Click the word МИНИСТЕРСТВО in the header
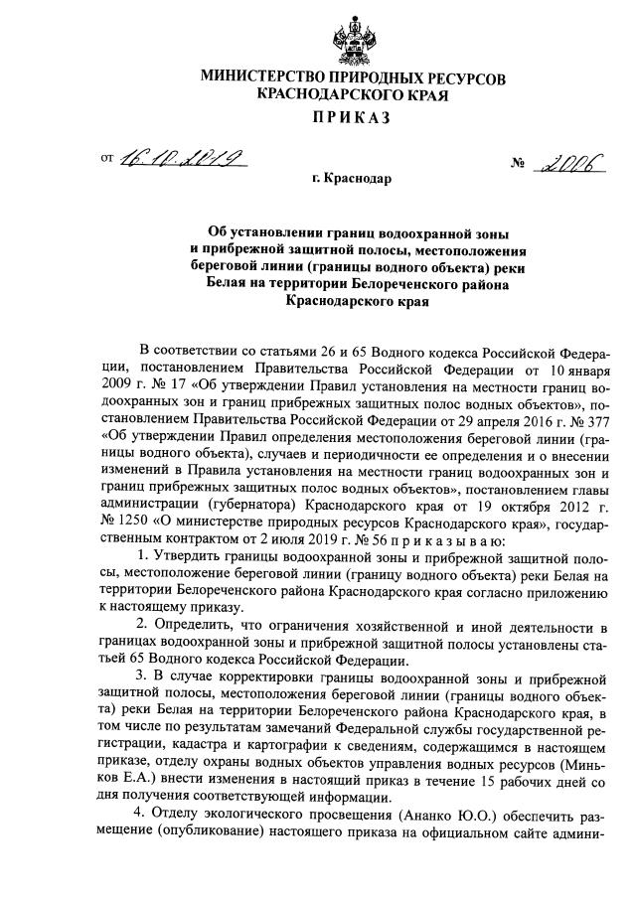[x=260, y=77]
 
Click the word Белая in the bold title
[x=228, y=285]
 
